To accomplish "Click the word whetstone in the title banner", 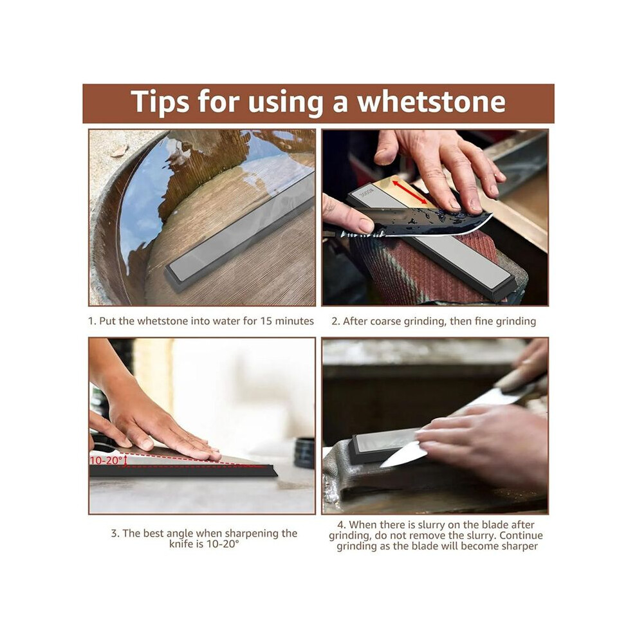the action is click(x=430, y=101).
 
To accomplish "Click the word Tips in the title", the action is click(x=160, y=101).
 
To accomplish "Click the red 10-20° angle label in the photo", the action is click(x=106, y=460).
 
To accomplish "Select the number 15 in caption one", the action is click(x=266, y=321).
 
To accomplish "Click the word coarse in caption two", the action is click(x=385, y=321).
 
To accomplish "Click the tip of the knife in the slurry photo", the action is click(x=381, y=466).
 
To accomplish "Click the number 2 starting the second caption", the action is click(x=335, y=321).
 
